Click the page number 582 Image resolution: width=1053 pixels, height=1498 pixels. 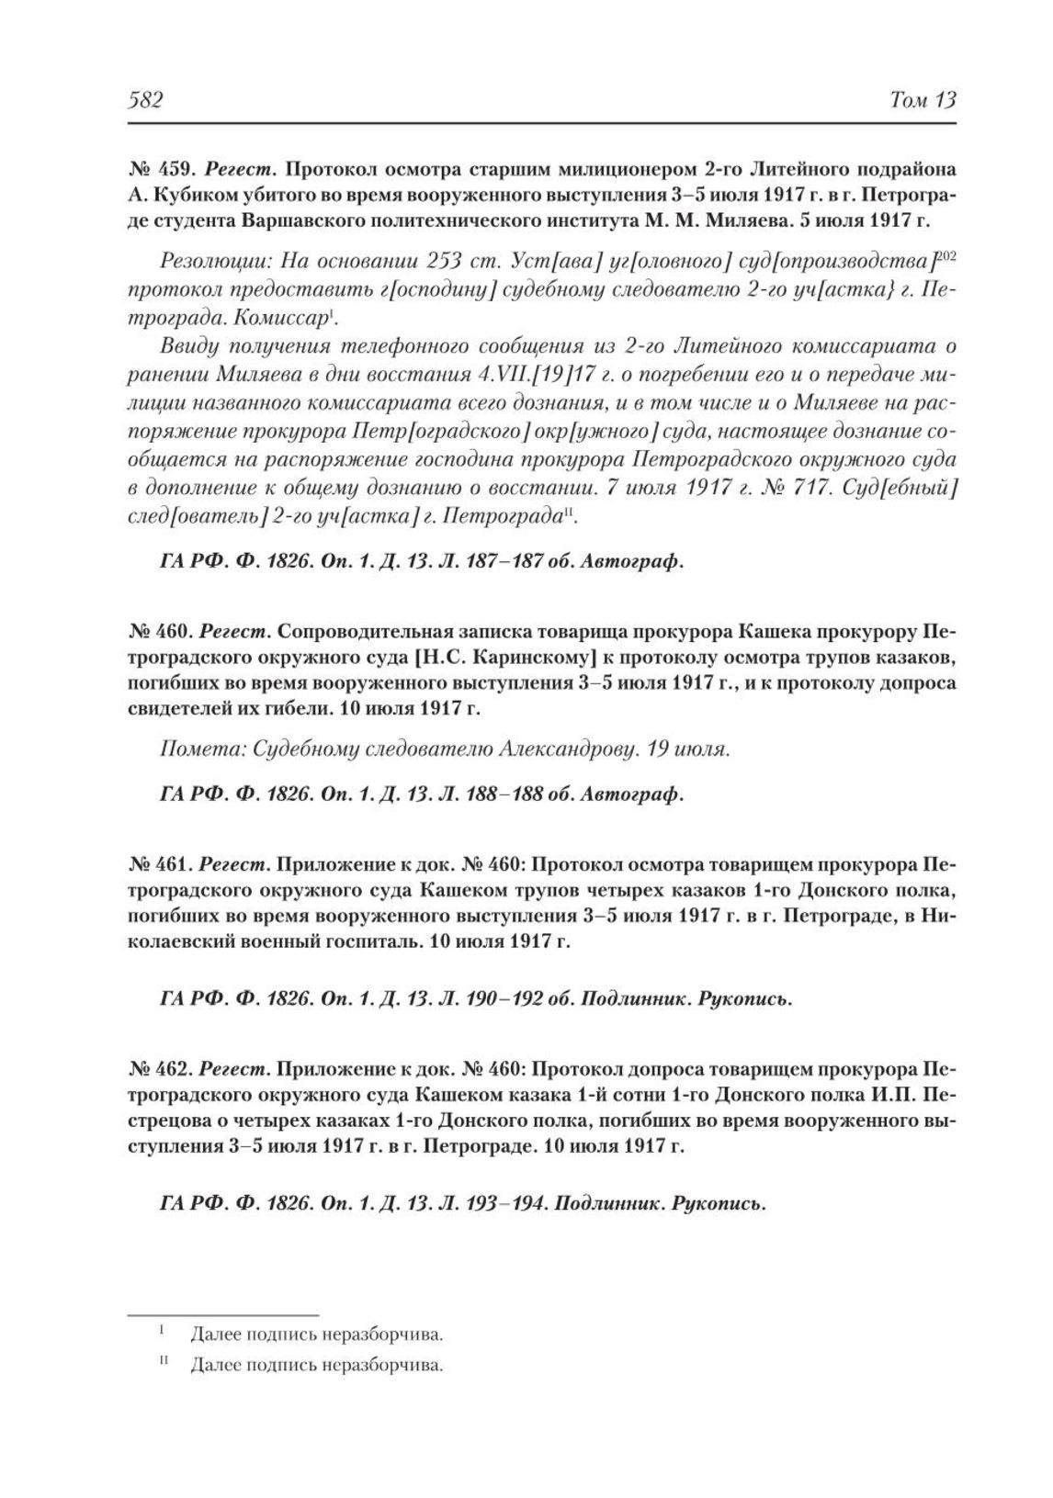click(145, 100)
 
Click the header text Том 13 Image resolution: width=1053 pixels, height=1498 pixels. click(923, 100)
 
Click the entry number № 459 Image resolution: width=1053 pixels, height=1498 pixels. click(158, 170)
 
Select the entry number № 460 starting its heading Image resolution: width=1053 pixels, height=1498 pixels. click(158, 633)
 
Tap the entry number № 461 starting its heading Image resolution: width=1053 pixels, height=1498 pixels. click(158, 864)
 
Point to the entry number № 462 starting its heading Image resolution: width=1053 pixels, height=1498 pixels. click(158, 1070)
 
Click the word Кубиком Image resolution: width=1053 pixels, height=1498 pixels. click(193, 196)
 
